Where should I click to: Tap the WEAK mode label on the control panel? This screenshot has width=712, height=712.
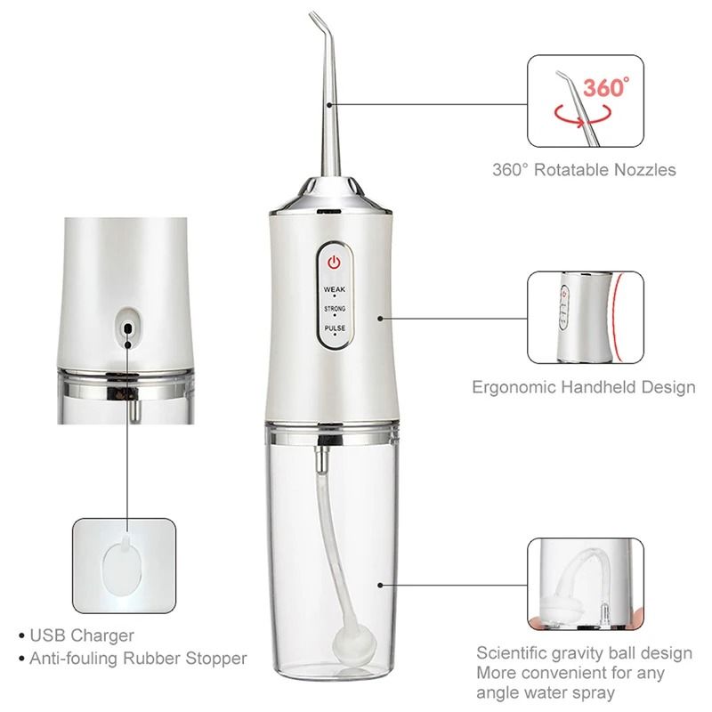pos(335,288)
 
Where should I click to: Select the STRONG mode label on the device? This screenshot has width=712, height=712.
pos(335,309)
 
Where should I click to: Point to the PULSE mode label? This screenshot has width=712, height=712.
pos(335,328)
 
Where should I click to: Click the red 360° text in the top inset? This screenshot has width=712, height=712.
pos(606,89)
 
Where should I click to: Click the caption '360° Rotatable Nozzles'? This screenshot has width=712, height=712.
pos(597,169)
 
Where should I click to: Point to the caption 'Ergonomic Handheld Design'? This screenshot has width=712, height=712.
pos(582,387)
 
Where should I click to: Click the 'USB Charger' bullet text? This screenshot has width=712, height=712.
pos(81,635)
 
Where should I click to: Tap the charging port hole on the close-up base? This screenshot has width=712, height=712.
pos(128,328)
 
